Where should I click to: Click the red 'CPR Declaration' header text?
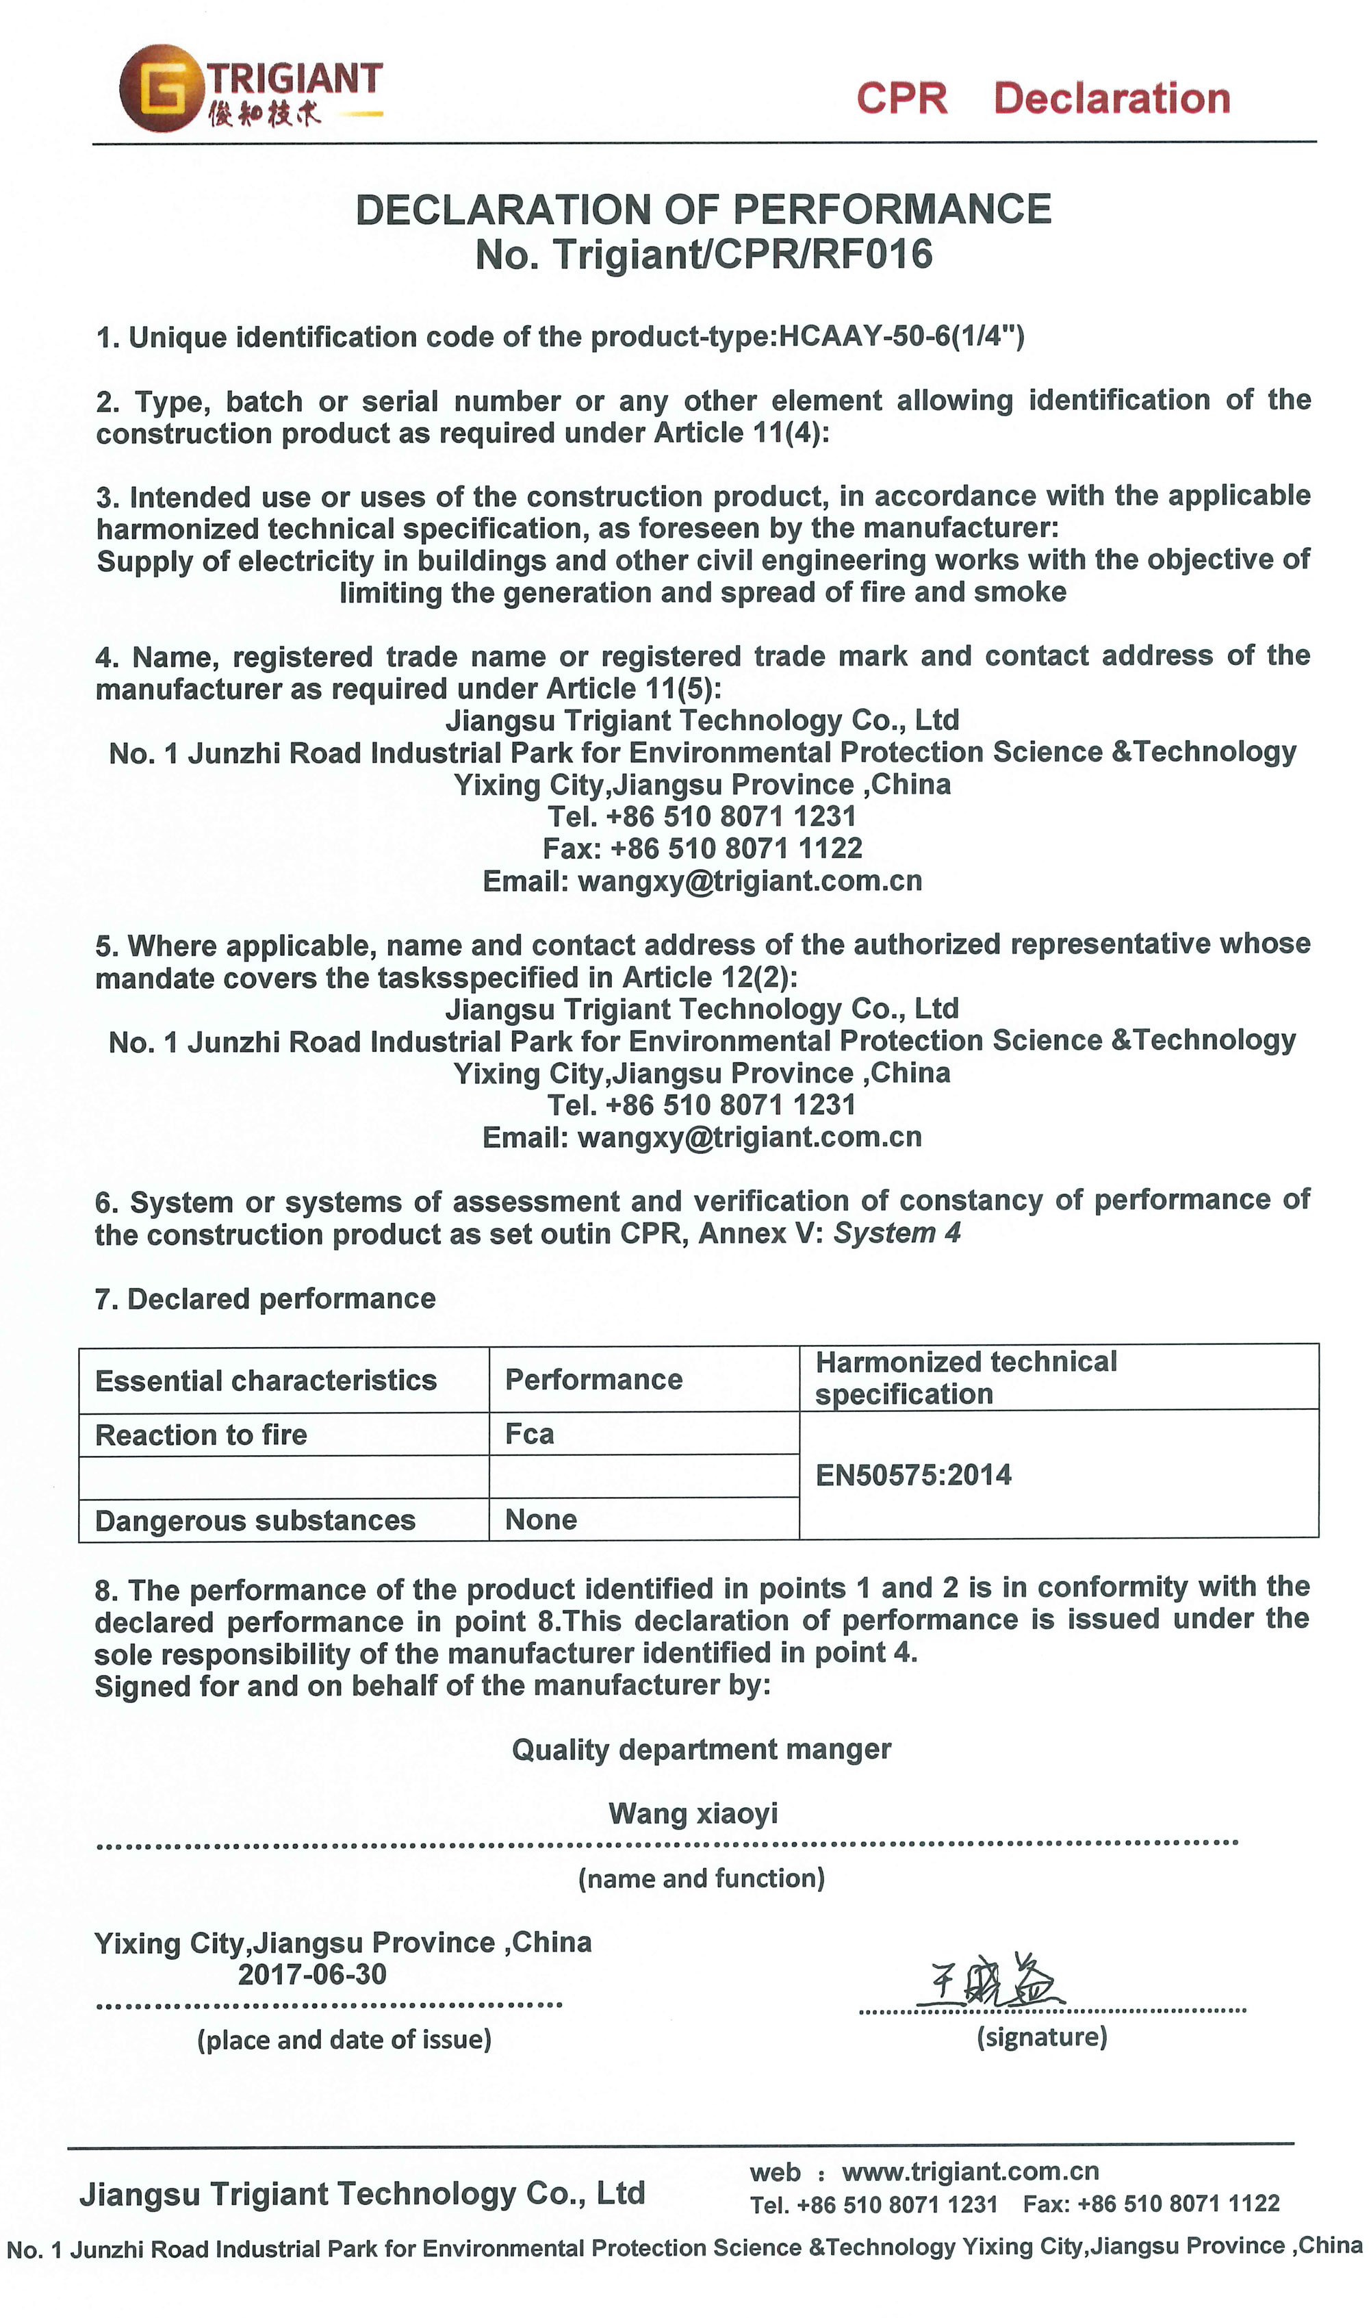coord(1042,98)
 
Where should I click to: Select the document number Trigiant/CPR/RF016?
coord(742,255)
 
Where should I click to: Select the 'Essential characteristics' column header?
coord(266,1381)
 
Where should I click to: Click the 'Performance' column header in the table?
coord(593,1380)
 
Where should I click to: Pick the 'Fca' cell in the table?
coord(530,1434)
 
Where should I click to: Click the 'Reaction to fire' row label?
coord(201,1435)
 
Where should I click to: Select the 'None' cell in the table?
coord(541,1520)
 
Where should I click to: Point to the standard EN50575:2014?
coord(913,1474)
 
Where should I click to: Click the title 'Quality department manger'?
coord(701,1750)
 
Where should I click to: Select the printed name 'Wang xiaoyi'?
coord(693,1813)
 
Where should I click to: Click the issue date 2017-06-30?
coord(312,1975)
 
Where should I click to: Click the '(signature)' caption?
coord(1042,2037)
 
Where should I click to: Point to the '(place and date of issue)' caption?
coord(344,2039)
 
